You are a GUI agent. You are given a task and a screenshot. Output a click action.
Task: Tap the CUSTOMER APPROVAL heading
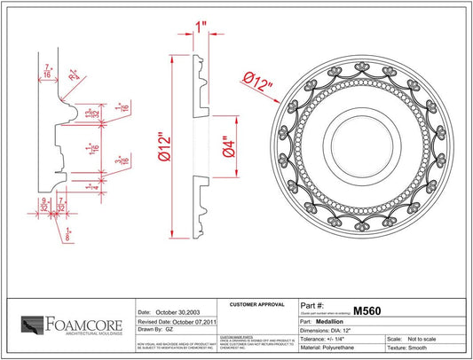pos(254,304)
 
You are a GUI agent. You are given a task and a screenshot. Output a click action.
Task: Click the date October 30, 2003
pos(169,312)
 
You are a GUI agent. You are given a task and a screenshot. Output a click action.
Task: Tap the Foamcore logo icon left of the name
pos(33,325)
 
